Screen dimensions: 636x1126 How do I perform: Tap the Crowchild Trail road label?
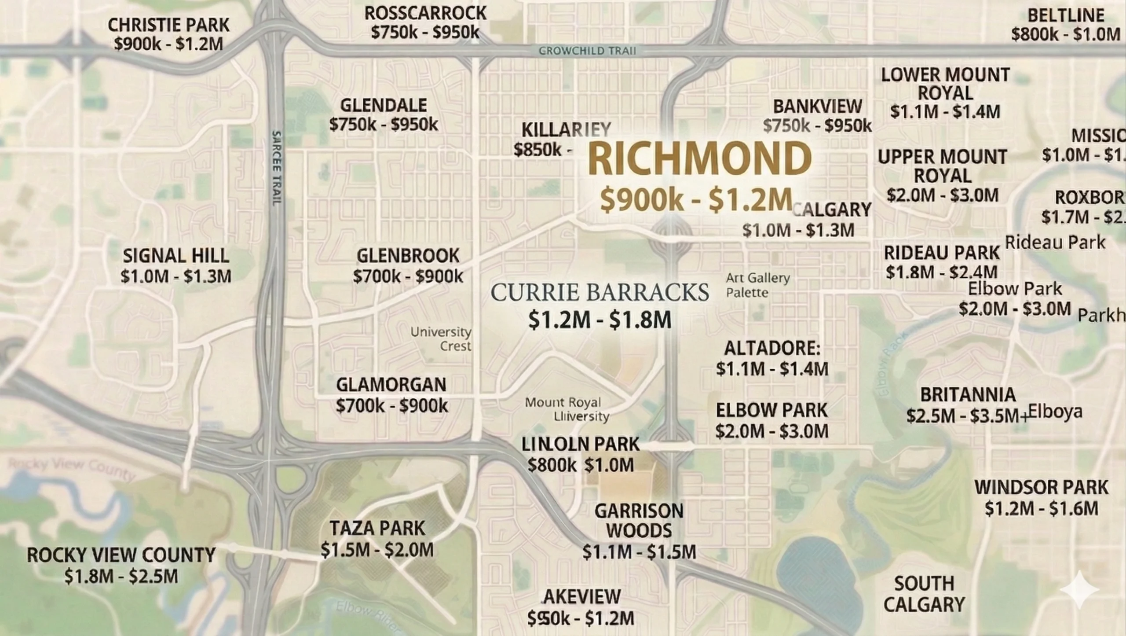587,51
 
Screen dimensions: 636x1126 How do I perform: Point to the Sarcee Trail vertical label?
277,168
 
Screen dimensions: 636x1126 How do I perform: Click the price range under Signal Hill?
176,276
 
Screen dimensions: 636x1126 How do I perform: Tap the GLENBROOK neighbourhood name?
408,256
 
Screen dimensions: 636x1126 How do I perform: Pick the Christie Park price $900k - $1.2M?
168,44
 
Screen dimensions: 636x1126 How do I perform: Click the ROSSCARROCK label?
425,13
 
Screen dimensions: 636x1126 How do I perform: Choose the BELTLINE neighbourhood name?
1066,15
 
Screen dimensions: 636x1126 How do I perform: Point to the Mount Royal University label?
567,409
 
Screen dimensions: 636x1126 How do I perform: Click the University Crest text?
441,339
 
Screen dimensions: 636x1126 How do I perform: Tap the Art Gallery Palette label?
757,285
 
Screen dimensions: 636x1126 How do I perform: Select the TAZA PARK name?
377,528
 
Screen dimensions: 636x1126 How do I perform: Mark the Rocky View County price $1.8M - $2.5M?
121,576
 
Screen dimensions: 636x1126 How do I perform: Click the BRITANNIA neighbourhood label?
968,395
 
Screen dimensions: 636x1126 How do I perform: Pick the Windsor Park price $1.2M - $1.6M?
1042,508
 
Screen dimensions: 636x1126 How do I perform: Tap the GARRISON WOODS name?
639,521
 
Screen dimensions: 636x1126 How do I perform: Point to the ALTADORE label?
772,349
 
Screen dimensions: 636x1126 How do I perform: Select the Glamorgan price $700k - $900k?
391,405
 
